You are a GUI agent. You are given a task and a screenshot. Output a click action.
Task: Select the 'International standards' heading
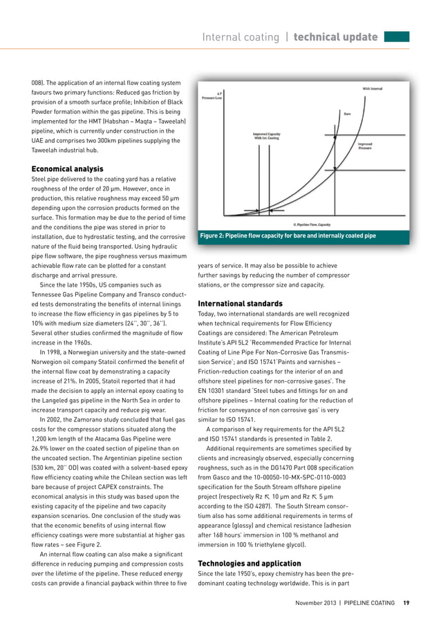241,303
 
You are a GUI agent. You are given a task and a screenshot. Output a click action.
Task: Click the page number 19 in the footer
406,602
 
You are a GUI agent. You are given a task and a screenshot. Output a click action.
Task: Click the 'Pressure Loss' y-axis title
211,97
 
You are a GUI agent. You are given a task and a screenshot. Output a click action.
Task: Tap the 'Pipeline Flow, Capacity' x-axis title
311,224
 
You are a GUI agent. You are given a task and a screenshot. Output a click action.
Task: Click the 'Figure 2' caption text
288,236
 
